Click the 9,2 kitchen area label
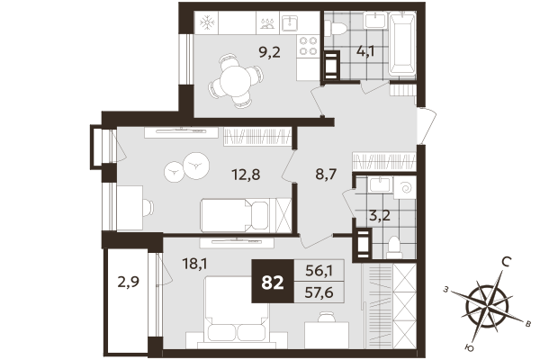pos(246,51)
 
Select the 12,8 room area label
pos(245,175)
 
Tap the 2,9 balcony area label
pos(129,281)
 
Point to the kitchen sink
pos(292,22)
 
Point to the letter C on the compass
pos(507,263)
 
